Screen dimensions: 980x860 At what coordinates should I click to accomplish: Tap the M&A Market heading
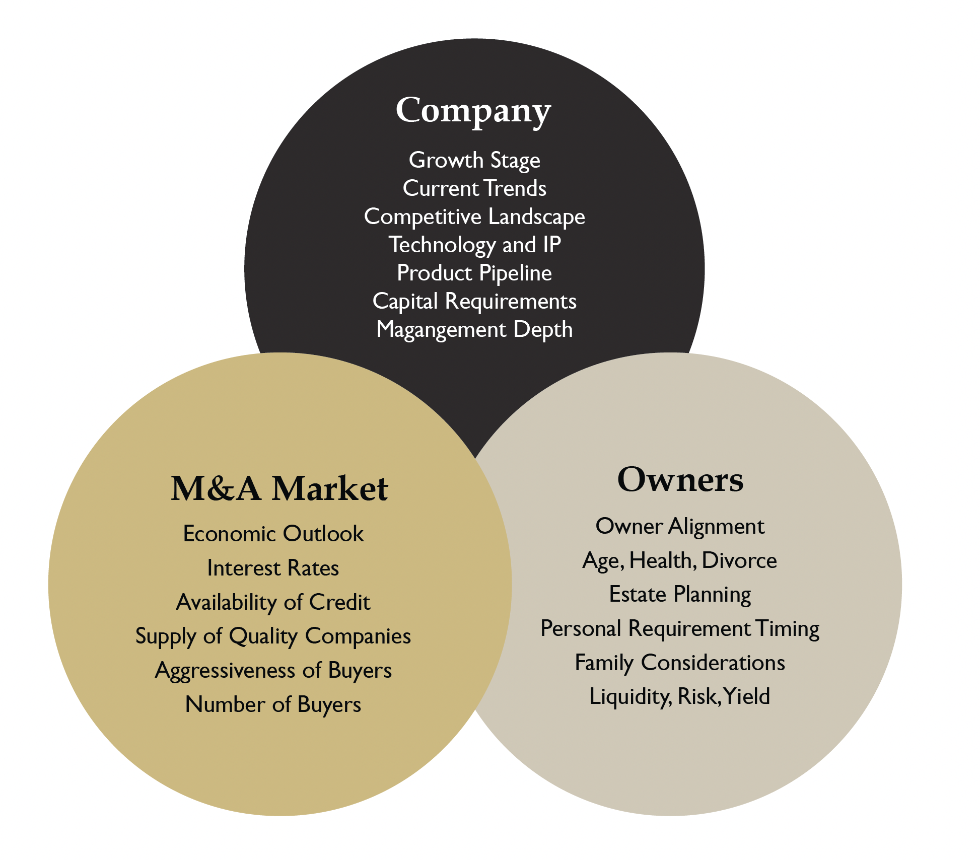[x=279, y=488]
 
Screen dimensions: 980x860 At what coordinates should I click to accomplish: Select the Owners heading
[x=680, y=479]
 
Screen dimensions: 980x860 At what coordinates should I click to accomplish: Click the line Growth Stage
[x=474, y=160]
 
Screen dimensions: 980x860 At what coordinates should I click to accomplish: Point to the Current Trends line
[x=474, y=188]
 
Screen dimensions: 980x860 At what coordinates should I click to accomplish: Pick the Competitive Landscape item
[x=474, y=217]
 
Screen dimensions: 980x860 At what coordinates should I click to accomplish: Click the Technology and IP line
[x=474, y=245]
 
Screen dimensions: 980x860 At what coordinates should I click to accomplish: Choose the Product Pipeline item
[x=474, y=273]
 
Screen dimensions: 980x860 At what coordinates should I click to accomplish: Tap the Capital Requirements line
[x=474, y=301]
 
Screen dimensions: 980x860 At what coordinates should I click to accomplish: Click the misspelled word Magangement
[x=441, y=330]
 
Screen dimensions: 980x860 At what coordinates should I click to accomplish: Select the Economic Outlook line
[x=273, y=534]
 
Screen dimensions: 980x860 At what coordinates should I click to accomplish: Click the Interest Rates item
[x=273, y=568]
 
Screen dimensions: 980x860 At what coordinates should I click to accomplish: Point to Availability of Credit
[x=273, y=602]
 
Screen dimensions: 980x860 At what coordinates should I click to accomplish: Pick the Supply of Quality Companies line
[x=273, y=636]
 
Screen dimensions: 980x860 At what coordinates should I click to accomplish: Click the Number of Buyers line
[x=273, y=704]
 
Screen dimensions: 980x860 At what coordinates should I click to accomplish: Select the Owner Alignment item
[x=680, y=526]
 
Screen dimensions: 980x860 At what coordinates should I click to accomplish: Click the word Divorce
[x=739, y=560]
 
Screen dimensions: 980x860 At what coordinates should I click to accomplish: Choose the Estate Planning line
[x=680, y=595]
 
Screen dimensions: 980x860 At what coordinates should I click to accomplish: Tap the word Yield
[x=746, y=696]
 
